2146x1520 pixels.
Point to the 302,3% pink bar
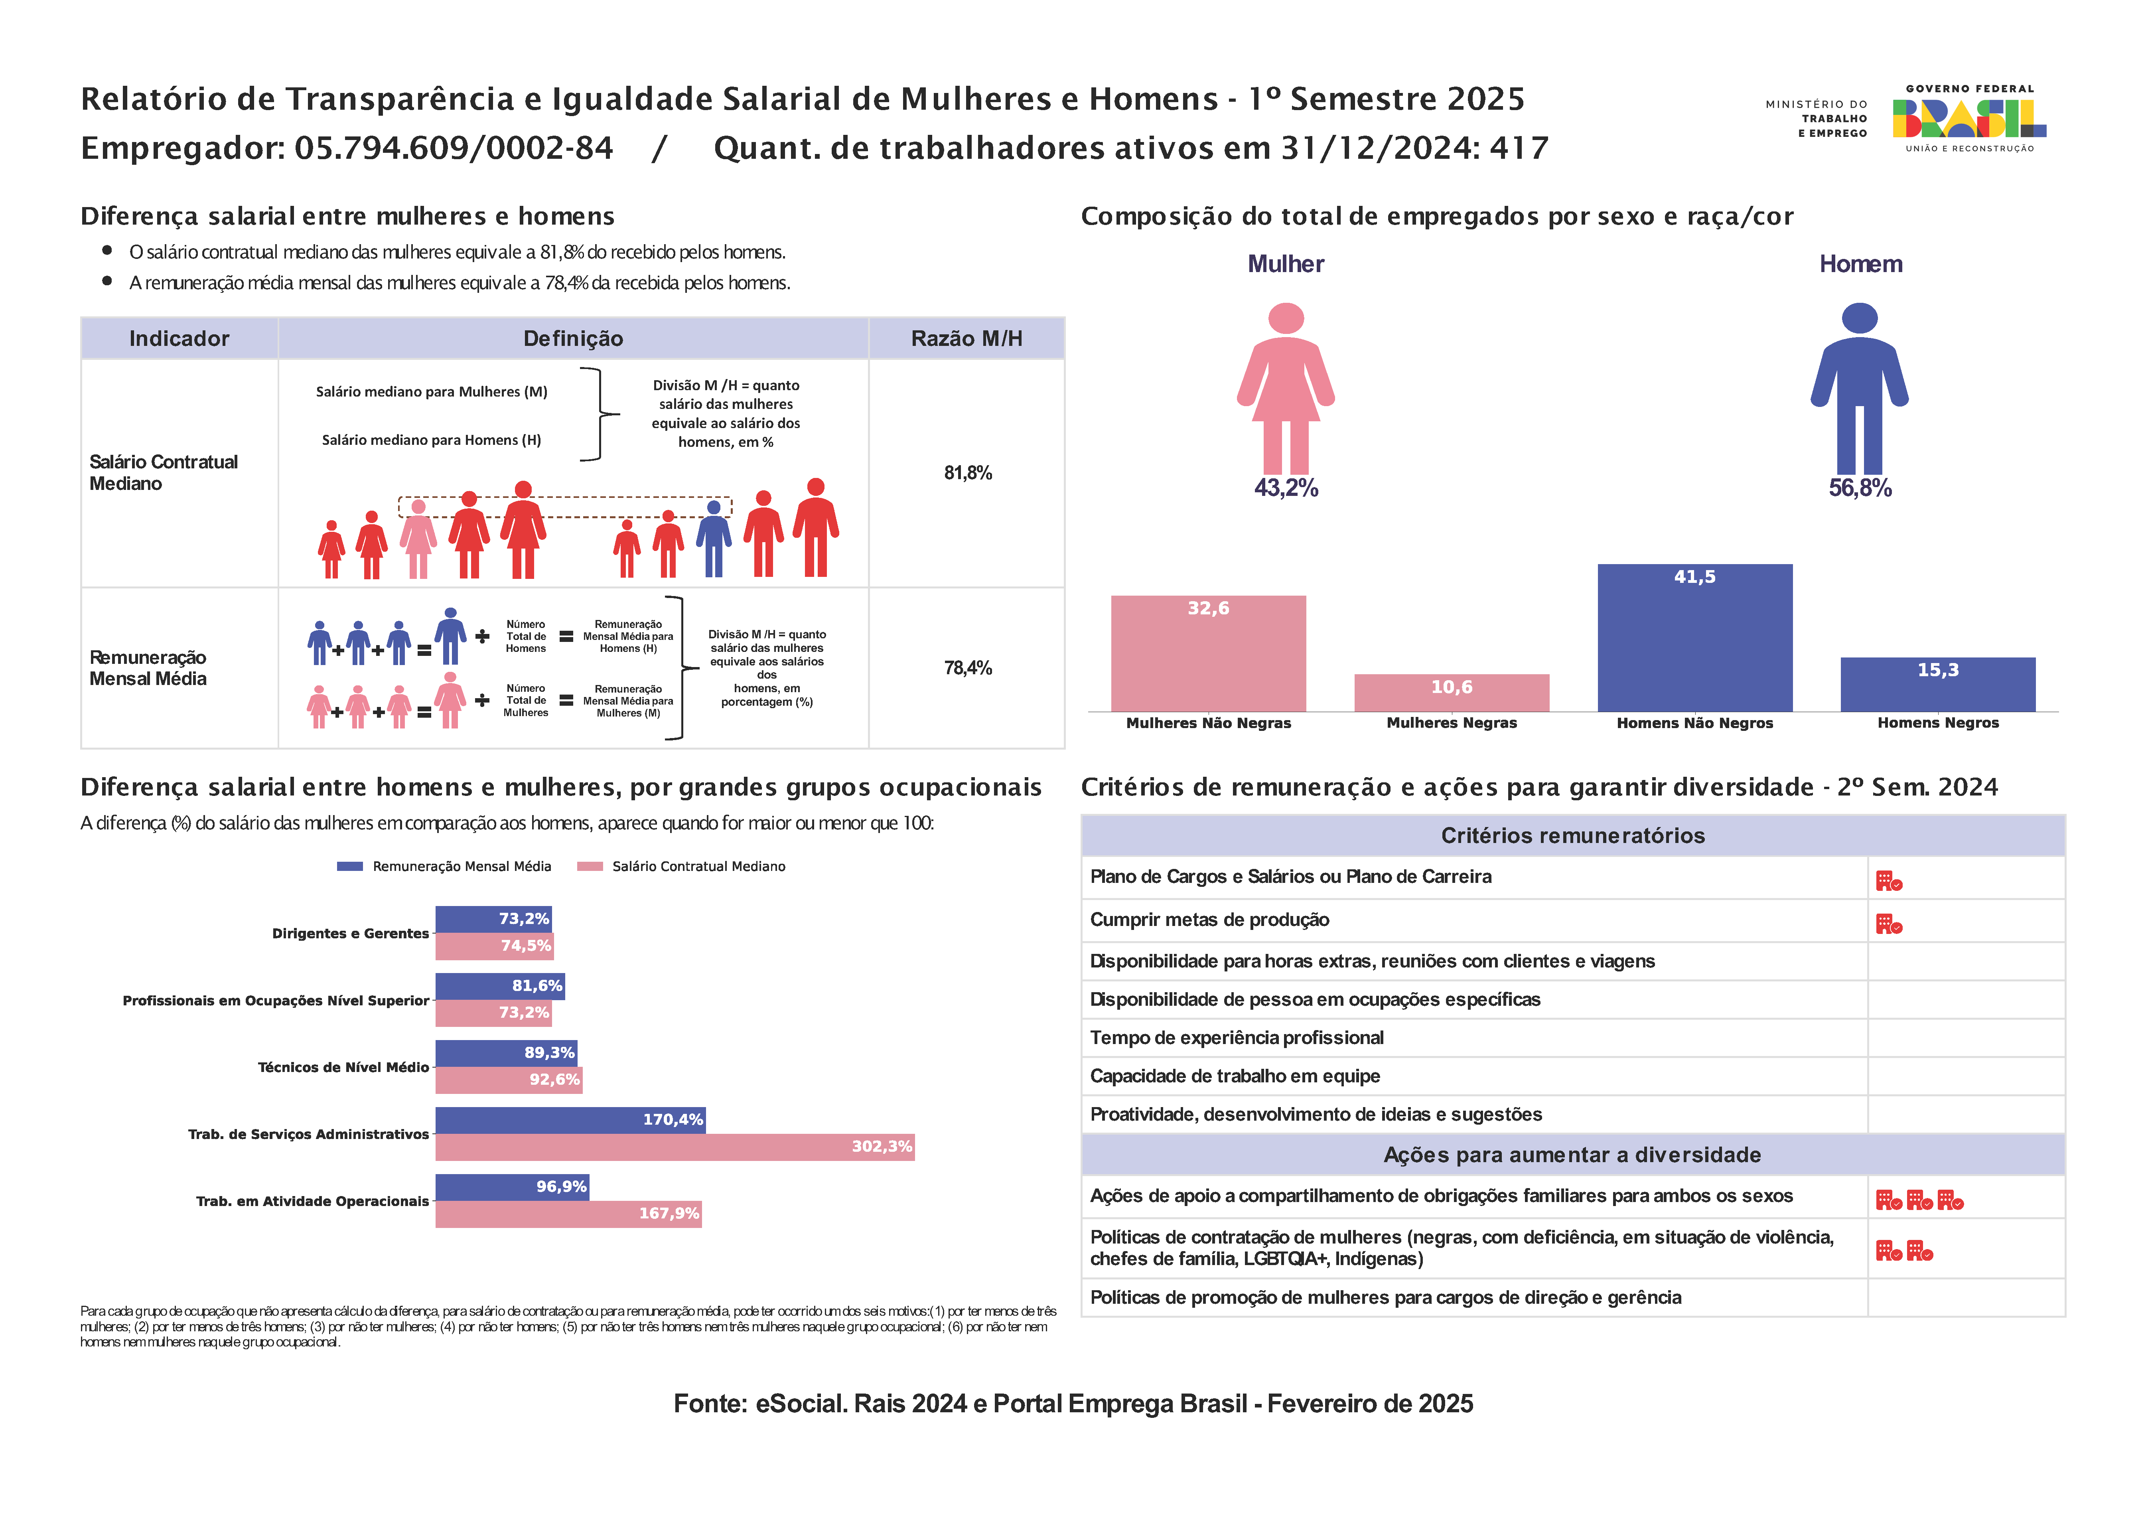(675, 1147)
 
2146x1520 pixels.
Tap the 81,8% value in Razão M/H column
(968, 473)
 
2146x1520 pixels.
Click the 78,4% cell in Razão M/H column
(968, 667)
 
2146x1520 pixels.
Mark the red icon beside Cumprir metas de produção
(1889, 925)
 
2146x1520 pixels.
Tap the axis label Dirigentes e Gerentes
(350, 933)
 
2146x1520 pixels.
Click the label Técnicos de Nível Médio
(343, 1067)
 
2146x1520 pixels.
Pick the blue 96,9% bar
(512, 1187)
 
